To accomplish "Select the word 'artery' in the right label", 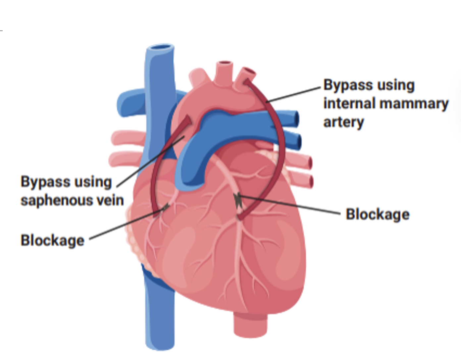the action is (x=343, y=122).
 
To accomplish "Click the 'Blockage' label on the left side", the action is (x=52, y=240).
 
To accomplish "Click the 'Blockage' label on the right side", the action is (x=378, y=214).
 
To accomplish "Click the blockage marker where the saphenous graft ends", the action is (x=165, y=208).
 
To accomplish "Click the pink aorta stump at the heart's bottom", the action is (x=250, y=326).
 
